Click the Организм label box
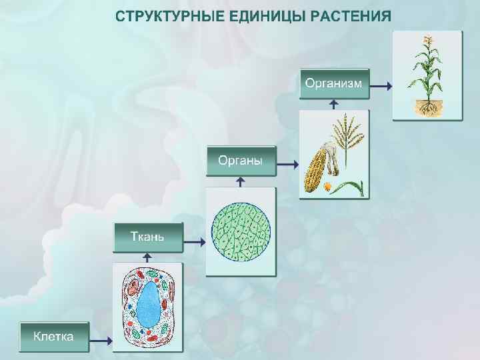coord(334,83)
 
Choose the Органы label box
coord(240,160)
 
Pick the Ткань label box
coord(147,237)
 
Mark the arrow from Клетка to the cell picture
coord(101,341)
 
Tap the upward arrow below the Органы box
coord(241,181)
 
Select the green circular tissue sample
coord(241,231)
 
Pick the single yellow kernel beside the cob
coord(329,187)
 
